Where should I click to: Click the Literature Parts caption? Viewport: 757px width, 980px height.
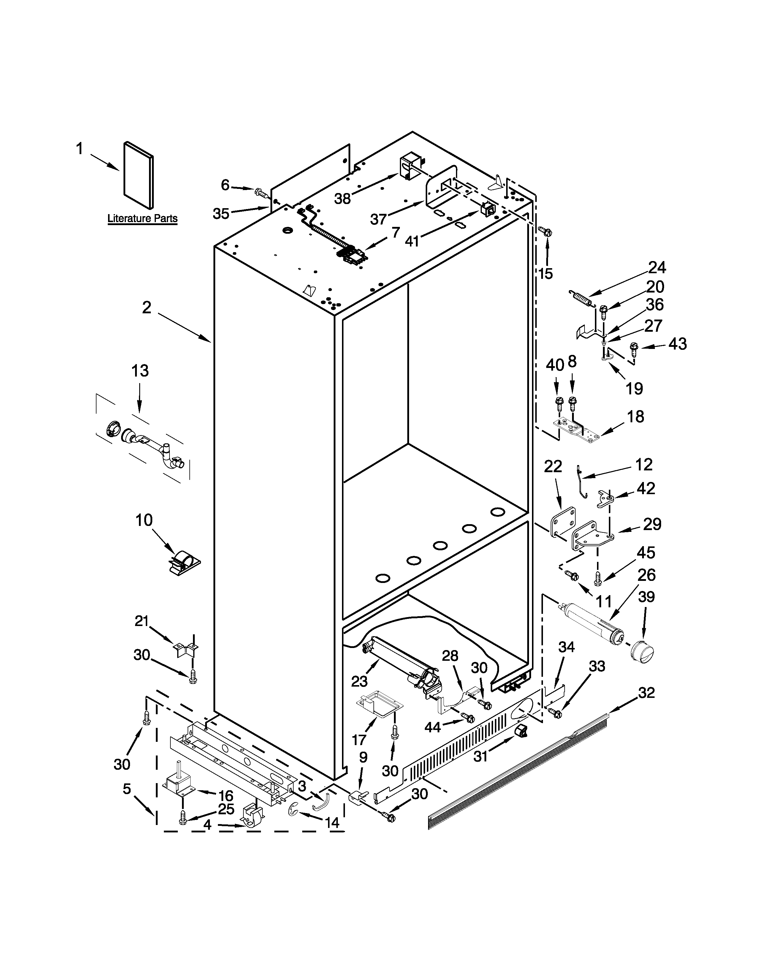[x=142, y=219]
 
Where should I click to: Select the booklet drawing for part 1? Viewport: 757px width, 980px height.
[x=138, y=176]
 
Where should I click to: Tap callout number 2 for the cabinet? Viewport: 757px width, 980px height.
[x=147, y=308]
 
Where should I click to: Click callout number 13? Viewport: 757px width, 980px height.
[x=140, y=371]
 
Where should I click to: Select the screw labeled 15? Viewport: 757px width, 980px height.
[x=547, y=232]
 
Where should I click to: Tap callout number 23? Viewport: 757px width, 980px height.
[x=359, y=681]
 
